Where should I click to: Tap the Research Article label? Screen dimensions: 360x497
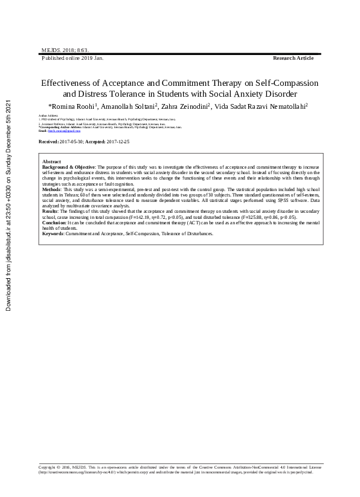coord(294,58)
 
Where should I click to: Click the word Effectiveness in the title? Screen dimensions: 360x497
coord(70,83)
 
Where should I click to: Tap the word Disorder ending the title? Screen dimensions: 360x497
coord(281,94)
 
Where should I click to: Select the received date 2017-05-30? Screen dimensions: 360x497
coord(72,141)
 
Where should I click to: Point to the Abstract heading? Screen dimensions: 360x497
coord(51,162)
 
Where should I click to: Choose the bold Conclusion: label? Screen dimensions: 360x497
coord(55,223)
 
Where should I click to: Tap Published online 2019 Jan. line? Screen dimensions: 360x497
coord(72,58)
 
